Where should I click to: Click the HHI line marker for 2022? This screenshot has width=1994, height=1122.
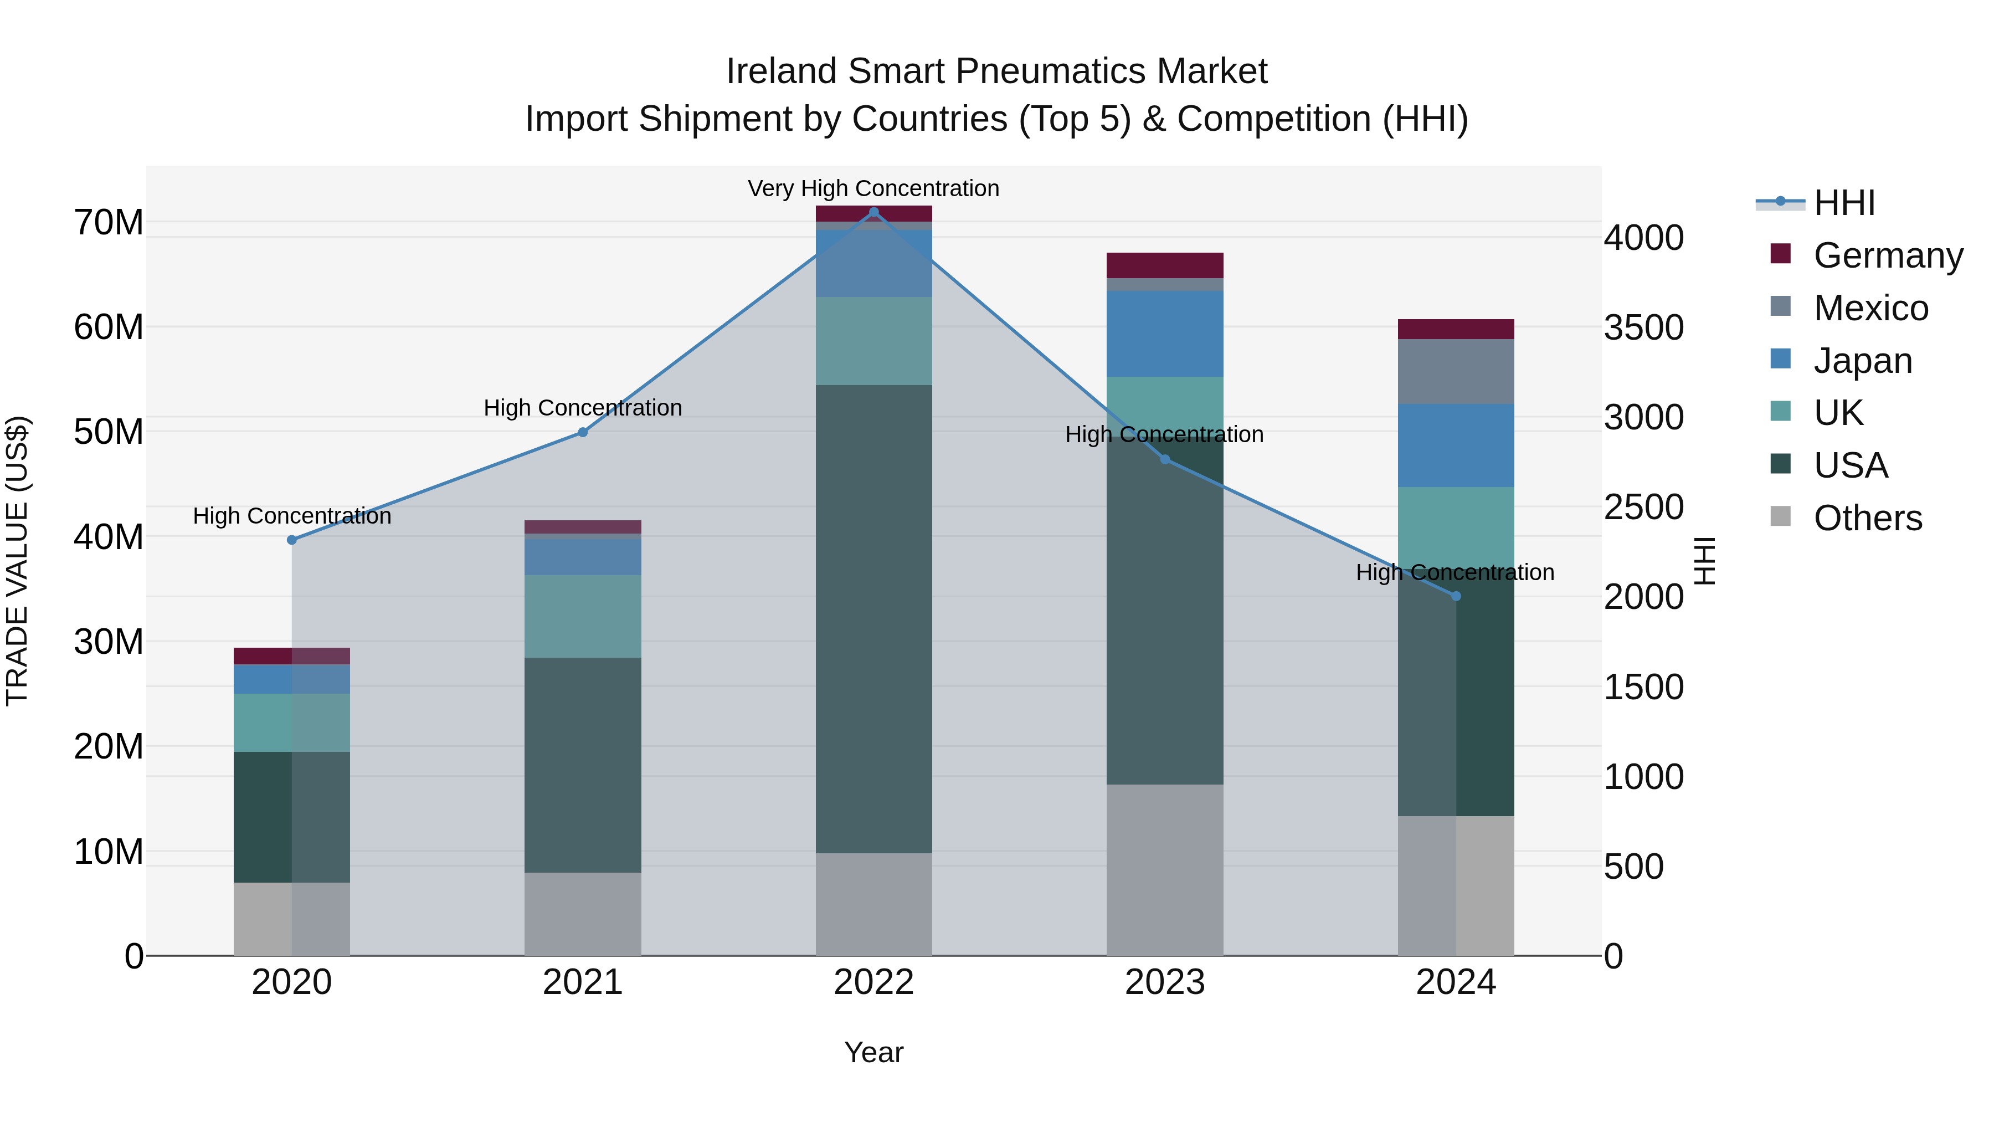click(x=874, y=212)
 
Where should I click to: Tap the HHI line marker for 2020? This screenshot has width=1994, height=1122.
click(x=292, y=540)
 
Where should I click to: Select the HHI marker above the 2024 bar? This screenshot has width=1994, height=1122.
click(x=1456, y=596)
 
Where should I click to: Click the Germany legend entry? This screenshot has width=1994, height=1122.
click(x=1887, y=255)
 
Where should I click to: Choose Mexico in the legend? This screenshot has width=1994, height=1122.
click(x=1870, y=308)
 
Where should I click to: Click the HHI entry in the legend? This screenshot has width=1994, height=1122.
click(x=1844, y=203)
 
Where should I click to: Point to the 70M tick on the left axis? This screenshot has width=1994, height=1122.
click(x=109, y=223)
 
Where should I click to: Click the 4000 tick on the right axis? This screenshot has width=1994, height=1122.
click(x=1643, y=238)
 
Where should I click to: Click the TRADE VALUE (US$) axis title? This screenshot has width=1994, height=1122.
click(x=18, y=561)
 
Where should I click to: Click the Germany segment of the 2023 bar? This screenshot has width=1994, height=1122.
click(x=1164, y=265)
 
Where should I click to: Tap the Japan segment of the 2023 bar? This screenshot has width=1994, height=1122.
click(x=1164, y=334)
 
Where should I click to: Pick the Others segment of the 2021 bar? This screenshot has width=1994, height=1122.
click(x=582, y=914)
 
